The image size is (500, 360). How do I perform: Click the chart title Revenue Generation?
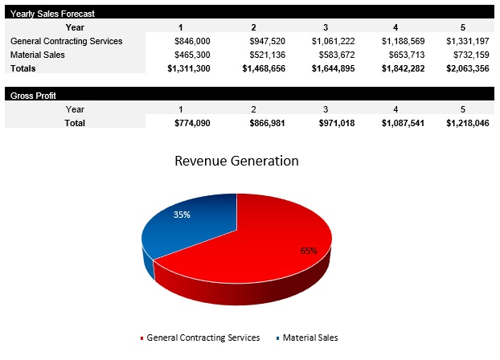point(236,161)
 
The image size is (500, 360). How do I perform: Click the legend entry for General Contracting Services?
point(203,338)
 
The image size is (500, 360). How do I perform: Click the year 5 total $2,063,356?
point(467,68)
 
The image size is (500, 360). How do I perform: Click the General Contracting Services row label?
point(66,41)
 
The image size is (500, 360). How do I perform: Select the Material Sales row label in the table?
point(39,55)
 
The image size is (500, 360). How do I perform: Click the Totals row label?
point(23,68)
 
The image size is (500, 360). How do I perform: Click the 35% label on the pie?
point(182,215)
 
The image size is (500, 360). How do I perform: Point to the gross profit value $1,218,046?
point(467,123)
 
